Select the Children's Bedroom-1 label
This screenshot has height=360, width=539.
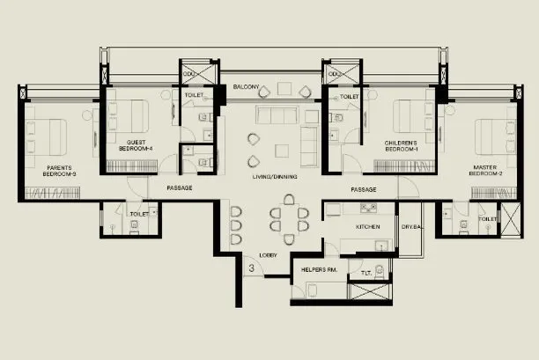(401, 145)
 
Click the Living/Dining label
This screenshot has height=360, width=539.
(274, 177)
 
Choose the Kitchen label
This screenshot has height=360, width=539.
(367, 227)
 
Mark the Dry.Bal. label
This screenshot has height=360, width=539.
(413, 227)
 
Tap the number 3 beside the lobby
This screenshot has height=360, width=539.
(252, 267)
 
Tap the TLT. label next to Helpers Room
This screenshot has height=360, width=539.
(365, 273)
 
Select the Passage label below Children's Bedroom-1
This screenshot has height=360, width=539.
(364, 189)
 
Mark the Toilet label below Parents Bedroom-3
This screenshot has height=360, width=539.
(138, 214)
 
